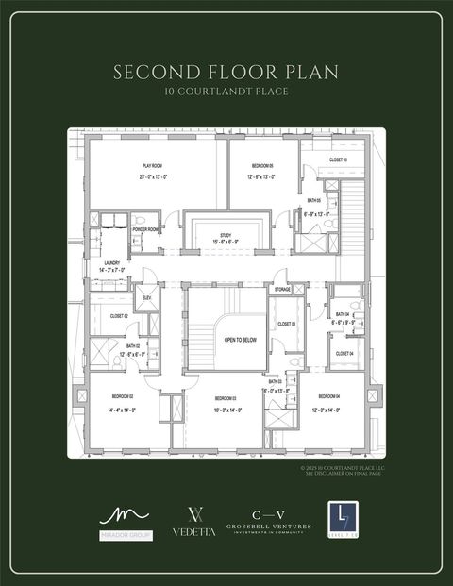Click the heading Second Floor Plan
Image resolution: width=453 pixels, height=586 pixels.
coord(226,72)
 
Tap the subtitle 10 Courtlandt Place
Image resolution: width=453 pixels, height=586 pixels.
coord(226,92)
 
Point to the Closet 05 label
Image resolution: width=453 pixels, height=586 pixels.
coord(338,160)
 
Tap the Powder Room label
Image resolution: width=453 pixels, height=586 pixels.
coord(145,229)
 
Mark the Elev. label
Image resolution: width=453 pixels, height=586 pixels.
coord(146,298)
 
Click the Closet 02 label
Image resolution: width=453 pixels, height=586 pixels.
coord(119,316)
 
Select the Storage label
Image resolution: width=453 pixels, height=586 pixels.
coord(282,290)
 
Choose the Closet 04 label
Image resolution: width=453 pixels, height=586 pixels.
coord(344,353)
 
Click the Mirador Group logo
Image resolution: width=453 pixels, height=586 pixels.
coord(125,522)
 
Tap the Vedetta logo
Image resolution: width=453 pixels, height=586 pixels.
coord(193,522)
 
